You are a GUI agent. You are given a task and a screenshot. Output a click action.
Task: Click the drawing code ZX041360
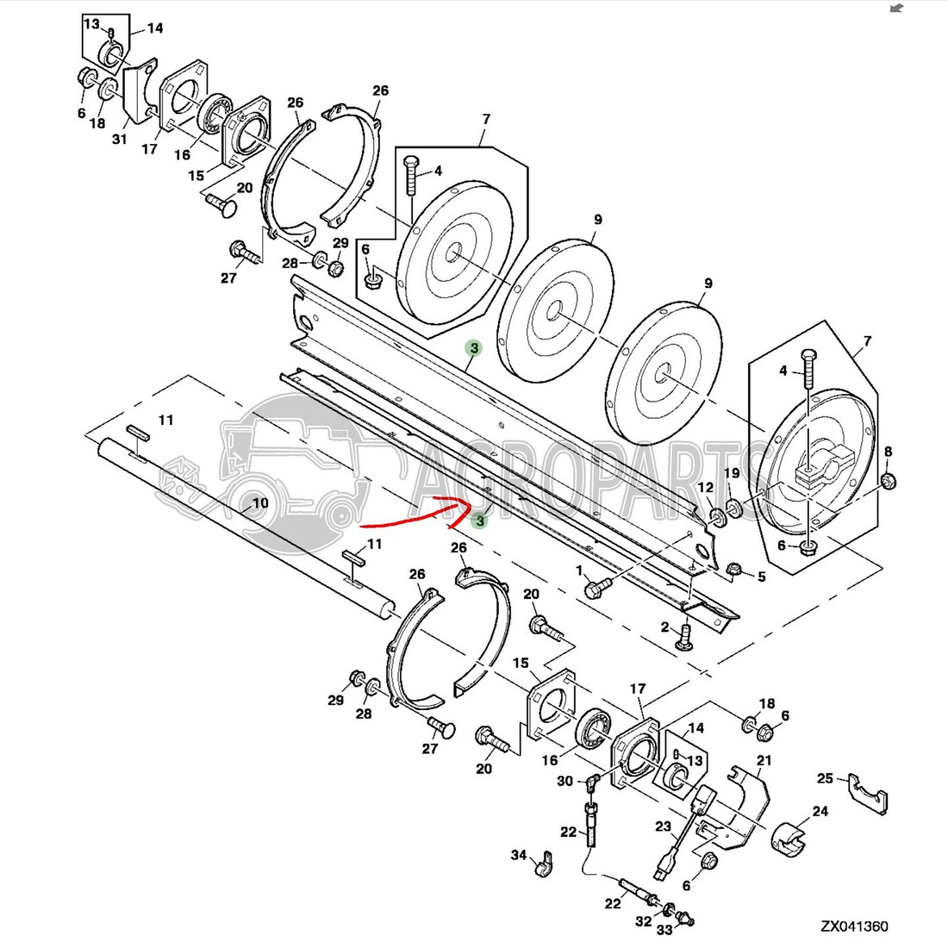854,926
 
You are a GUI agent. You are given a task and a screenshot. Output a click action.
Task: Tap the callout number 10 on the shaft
260,503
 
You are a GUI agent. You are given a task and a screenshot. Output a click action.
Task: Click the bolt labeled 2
686,638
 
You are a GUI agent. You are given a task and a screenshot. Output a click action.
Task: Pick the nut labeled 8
889,481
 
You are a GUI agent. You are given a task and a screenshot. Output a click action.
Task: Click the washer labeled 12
718,518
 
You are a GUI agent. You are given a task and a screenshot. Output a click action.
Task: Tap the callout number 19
732,473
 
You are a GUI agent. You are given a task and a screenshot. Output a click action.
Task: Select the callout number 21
764,760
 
